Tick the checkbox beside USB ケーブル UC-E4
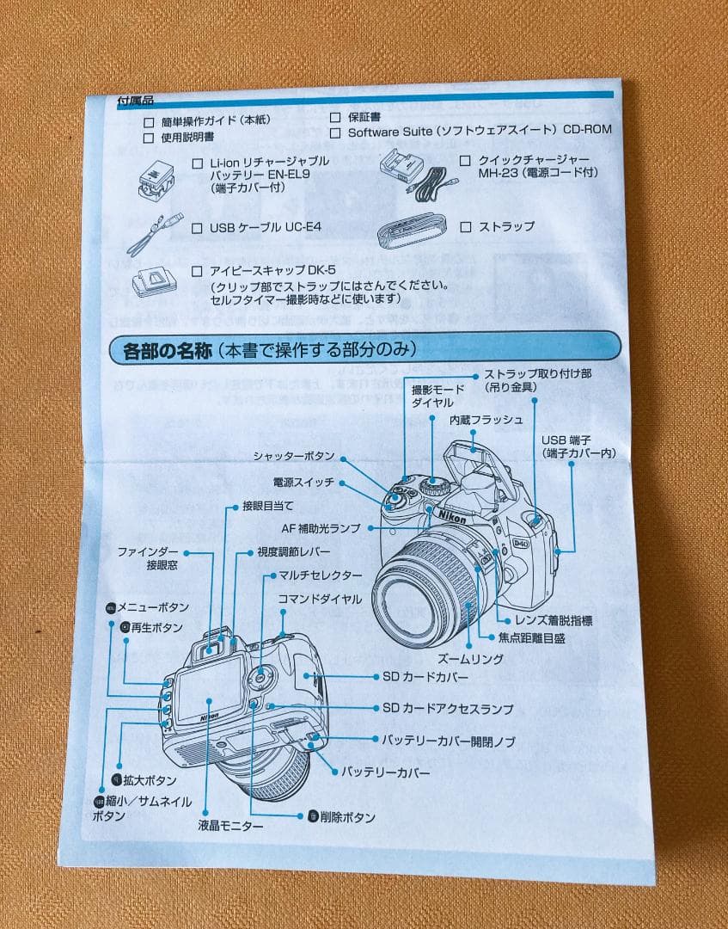pos(197,229)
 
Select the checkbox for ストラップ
pos(465,227)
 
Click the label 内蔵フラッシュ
pos(486,420)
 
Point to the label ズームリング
pos(471,659)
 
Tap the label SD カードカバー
pos(425,678)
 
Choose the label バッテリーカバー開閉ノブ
pos(449,740)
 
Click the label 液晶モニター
pos(230,826)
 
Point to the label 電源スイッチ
pos(303,483)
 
